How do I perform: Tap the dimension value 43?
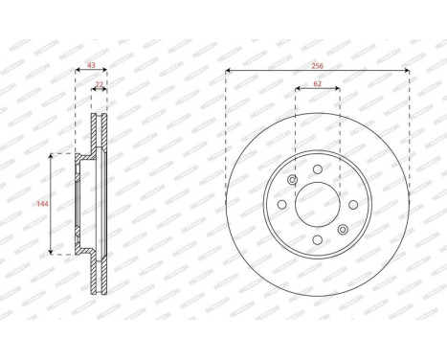pos(91,64)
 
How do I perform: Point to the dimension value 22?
pos(100,85)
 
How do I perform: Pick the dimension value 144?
pos(41,204)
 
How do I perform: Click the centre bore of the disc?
pos(317,203)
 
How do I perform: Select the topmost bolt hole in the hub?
pos(317,169)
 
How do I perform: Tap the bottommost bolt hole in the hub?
pos(317,239)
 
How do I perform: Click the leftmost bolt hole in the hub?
pos(281,204)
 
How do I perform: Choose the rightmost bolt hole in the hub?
pos(352,204)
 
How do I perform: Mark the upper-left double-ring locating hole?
pos(292,179)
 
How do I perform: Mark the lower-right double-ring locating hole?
pos(342,229)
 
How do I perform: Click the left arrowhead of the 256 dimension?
pos(229,71)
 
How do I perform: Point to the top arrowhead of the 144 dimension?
pos(52,155)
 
